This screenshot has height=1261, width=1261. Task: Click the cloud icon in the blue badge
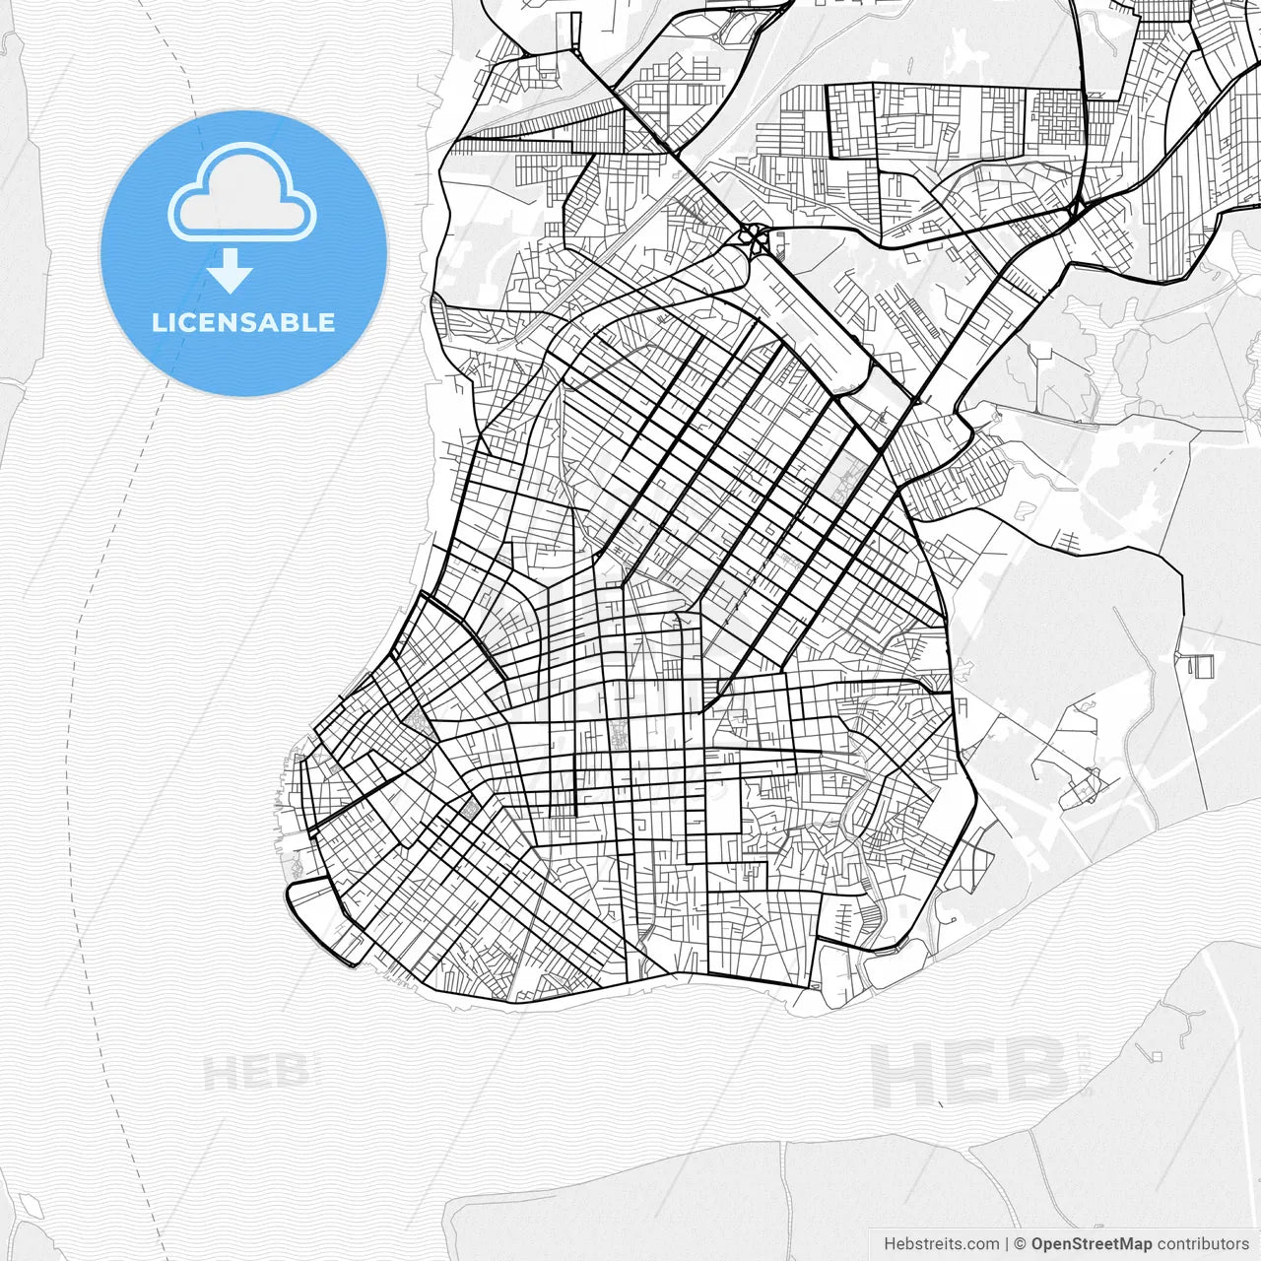(x=242, y=193)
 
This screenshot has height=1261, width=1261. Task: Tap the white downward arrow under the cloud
(x=231, y=270)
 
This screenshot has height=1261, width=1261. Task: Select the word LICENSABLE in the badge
(x=243, y=322)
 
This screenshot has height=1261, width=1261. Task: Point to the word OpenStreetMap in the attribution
(x=1091, y=1244)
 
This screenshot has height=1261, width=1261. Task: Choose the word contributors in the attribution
(x=1202, y=1244)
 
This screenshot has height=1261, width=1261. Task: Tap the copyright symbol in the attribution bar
(x=1021, y=1244)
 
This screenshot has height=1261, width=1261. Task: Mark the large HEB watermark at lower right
(x=970, y=1074)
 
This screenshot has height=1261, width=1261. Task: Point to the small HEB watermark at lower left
(x=256, y=1072)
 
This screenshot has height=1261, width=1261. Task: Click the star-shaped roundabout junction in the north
(x=754, y=236)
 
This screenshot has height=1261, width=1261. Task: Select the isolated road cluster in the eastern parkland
(x=1079, y=778)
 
